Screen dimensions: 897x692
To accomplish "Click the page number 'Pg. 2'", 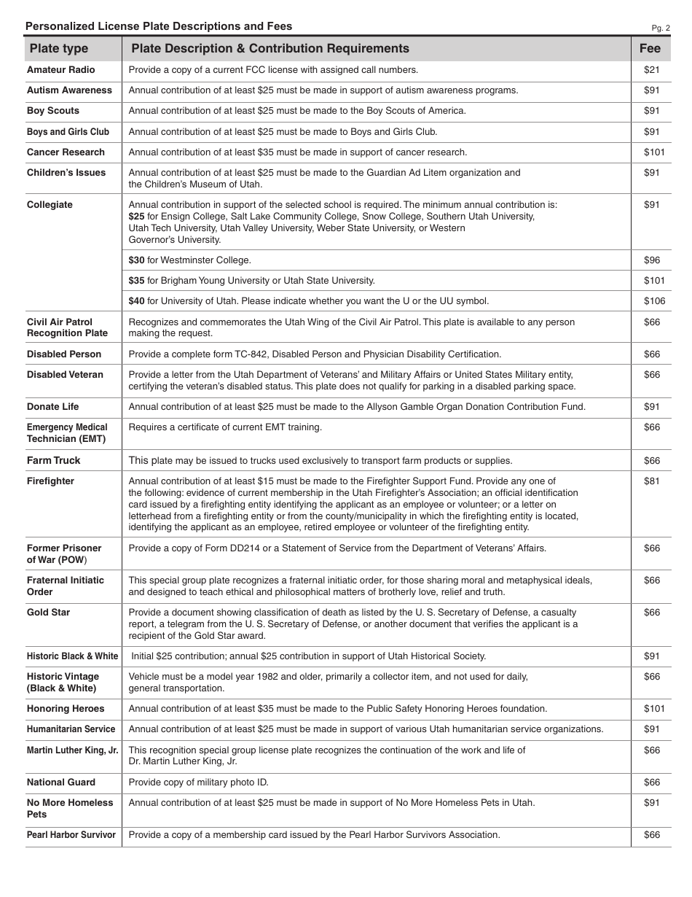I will (x=661, y=28).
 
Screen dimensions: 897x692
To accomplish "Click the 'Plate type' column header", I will (x=58, y=49).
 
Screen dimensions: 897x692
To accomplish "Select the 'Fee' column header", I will (x=650, y=49).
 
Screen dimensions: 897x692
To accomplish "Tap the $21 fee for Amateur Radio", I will (x=651, y=70).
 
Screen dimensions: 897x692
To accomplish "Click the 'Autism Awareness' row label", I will (x=69, y=90).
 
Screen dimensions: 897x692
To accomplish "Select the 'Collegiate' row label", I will (x=50, y=205).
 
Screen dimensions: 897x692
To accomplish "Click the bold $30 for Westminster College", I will (x=136, y=260).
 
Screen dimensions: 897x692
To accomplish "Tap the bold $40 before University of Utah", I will (x=136, y=301).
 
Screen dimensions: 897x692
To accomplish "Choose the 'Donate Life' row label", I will (x=52, y=407).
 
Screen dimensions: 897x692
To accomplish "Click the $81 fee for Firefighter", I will (x=651, y=481).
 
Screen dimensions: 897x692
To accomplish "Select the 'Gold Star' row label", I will (x=48, y=613).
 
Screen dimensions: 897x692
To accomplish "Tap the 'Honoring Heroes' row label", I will (x=66, y=709).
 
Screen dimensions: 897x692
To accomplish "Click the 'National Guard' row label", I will (x=61, y=783).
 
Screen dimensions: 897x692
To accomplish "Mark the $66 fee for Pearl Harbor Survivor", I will (x=651, y=835).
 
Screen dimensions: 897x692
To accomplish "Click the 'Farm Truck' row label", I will (x=53, y=461).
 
